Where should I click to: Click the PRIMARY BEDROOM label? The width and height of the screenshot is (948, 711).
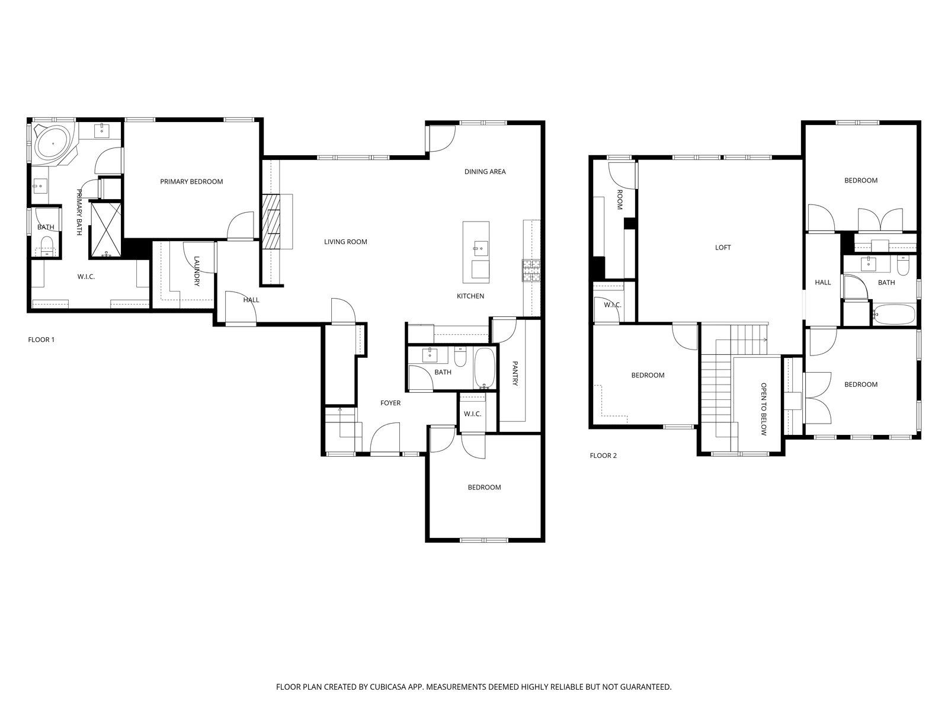coord(191,182)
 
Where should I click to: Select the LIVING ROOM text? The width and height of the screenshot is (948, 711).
coord(345,242)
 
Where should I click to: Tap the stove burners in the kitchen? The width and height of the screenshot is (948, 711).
coord(532,271)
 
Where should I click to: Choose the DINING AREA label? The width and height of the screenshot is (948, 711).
coord(485,172)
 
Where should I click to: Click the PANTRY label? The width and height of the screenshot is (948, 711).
coord(515,373)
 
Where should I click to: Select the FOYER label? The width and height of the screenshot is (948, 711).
coord(390,403)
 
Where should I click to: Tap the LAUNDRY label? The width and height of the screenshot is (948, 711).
coord(197,271)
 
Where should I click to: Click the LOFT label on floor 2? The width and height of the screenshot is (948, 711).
coord(723,248)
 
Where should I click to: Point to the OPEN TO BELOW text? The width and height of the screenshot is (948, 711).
coord(764,409)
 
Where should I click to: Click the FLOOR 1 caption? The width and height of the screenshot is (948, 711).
coord(41,340)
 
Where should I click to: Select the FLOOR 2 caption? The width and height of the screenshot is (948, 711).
coord(603,456)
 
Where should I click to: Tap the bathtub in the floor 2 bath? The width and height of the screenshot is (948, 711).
coord(893,315)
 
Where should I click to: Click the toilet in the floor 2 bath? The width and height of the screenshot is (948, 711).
coord(903,265)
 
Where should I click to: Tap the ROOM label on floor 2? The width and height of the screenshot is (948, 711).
coord(619,200)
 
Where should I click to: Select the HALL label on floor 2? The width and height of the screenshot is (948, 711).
coord(823,283)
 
